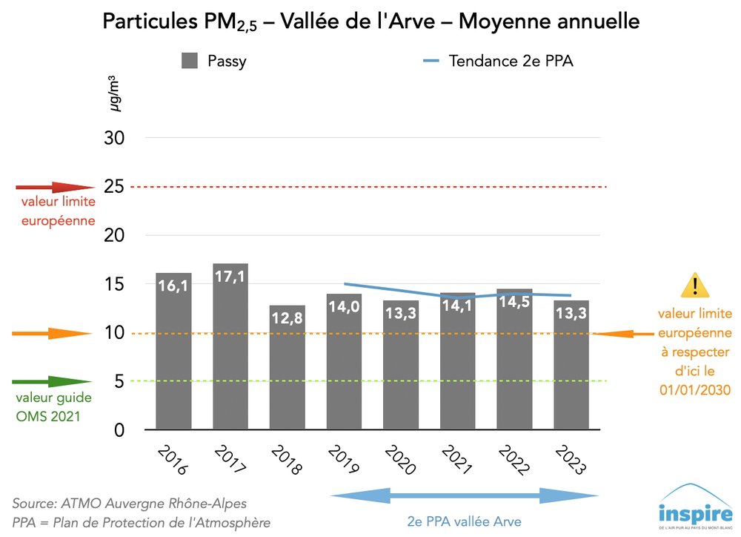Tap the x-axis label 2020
pyautogui.click(x=399, y=461)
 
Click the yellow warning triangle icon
pyautogui.click(x=695, y=285)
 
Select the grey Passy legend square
pyautogui.click(x=190, y=61)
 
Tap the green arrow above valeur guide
pyautogui.click(x=49, y=382)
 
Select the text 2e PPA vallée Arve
pyautogui.click(x=465, y=521)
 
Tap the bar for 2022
pyautogui.click(x=514, y=359)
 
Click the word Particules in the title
pyautogui.click(x=145, y=22)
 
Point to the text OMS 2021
pyautogui.click(x=48, y=416)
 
